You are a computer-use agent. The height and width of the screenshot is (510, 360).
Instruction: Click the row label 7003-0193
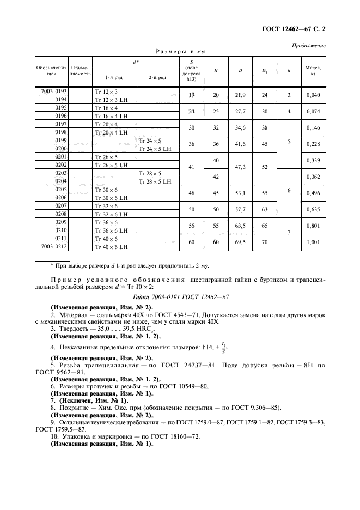[54, 92]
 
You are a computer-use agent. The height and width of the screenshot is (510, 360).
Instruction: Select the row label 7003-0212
[54, 246]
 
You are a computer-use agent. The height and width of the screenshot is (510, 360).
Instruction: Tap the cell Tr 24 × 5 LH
[155, 149]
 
